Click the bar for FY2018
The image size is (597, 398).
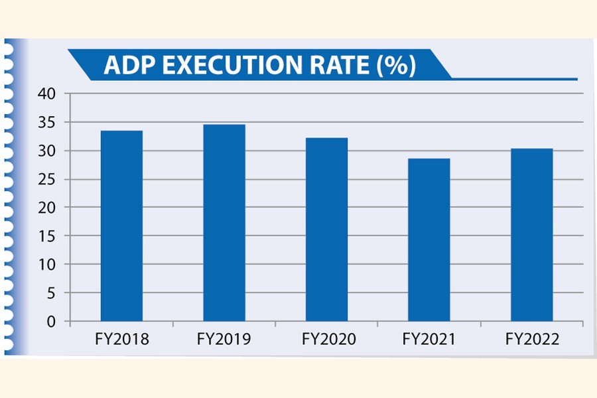click(x=121, y=226)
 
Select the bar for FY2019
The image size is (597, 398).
click(x=224, y=223)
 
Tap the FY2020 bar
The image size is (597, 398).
click(x=326, y=230)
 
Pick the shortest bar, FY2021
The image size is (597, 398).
click(x=429, y=239)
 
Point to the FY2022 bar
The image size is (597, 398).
click(x=531, y=235)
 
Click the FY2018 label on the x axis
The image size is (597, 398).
click(x=121, y=340)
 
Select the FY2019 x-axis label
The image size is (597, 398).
click(x=224, y=340)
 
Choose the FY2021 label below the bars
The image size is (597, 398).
click(x=429, y=340)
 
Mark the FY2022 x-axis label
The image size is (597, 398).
click(x=532, y=340)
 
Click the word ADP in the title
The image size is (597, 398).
click(x=127, y=67)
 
